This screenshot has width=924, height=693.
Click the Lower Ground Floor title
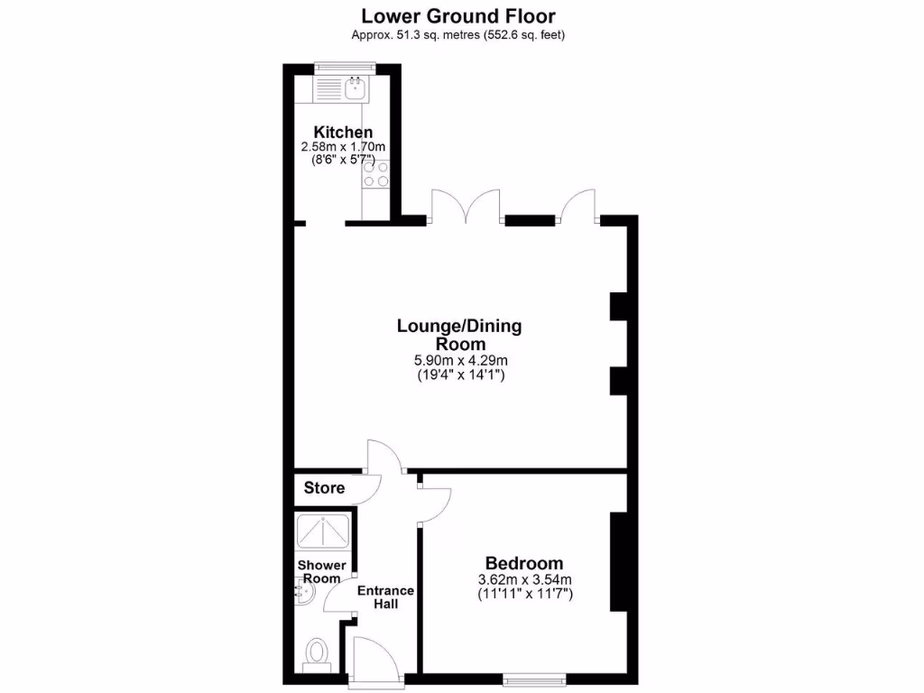[x=458, y=15]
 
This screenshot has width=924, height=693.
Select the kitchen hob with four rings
[x=375, y=173]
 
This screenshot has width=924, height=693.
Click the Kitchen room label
[x=343, y=133]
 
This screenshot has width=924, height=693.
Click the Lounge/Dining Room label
[x=459, y=335]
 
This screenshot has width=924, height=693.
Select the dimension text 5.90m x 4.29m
[x=459, y=360]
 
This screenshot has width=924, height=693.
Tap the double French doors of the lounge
[x=466, y=208]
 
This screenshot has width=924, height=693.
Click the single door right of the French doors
[x=577, y=208]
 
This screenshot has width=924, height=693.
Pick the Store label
[x=324, y=488]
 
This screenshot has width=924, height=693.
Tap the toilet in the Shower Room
[x=317, y=651]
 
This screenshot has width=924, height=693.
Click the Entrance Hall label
[x=385, y=597]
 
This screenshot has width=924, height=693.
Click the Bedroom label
[x=524, y=563]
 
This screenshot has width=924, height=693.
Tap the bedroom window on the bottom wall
[x=535, y=677]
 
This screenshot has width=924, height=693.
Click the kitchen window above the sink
[x=344, y=65]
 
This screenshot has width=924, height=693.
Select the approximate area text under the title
[x=458, y=35]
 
